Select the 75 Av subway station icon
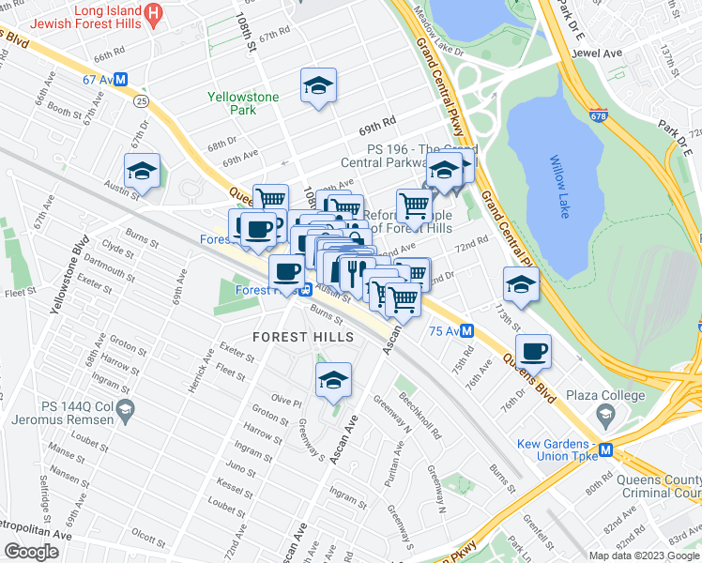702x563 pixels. (x=466, y=330)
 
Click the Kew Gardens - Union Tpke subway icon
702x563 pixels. (x=606, y=449)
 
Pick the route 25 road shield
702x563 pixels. (x=140, y=99)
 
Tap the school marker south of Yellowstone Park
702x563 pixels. (x=318, y=85)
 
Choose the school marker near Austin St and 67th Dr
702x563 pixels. (x=142, y=170)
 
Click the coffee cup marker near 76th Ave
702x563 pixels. (x=533, y=351)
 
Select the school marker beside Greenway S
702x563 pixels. (x=332, y=380)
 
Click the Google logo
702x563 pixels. (x=32, y=552)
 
